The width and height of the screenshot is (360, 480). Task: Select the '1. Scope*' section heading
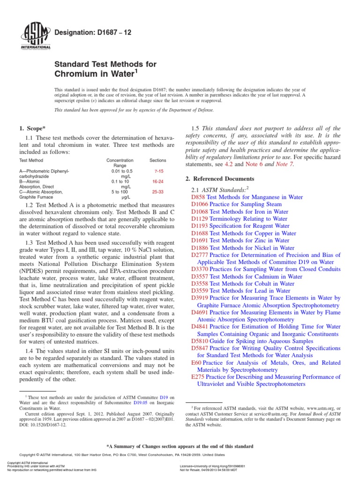tap(34, 127)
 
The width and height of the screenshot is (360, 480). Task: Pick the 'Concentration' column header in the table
tap(120, 160)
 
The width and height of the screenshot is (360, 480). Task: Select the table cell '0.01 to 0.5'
tap(120, 172)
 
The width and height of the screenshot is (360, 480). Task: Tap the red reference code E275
tap(197, 377)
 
